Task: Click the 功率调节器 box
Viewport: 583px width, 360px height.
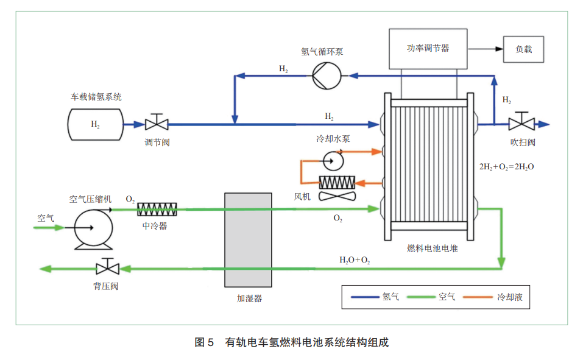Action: [428, 49]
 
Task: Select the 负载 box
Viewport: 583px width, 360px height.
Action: [523, 49]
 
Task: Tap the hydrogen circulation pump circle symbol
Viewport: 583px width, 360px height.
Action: [327, 76]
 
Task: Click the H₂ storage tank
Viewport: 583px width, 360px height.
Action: [95, 125]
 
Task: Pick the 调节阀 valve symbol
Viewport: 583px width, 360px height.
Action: [157, 122]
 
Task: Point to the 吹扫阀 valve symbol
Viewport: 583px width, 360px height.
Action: [521, 121]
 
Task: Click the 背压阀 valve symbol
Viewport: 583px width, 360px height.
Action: [107, 266]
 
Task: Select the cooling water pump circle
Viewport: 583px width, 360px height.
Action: [333, 161]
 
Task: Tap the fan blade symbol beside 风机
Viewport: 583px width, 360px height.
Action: [337, 196]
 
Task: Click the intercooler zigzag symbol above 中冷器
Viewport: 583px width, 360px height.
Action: [157, 210]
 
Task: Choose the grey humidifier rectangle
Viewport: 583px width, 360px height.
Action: [248, 240]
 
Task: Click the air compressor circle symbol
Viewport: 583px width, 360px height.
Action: [93, 228]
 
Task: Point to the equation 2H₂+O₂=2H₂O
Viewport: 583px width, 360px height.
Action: [506, 167]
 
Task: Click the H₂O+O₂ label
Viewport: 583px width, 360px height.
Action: [355, 260]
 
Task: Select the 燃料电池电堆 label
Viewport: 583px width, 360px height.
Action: [432, 249]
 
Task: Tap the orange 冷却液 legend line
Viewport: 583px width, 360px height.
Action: [478, 297]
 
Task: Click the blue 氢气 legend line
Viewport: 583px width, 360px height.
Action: [365, 297]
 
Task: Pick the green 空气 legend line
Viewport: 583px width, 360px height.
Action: [421, 297]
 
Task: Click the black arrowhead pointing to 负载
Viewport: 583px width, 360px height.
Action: [499, 49]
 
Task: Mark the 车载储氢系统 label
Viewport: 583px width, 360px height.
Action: [96, 97]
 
